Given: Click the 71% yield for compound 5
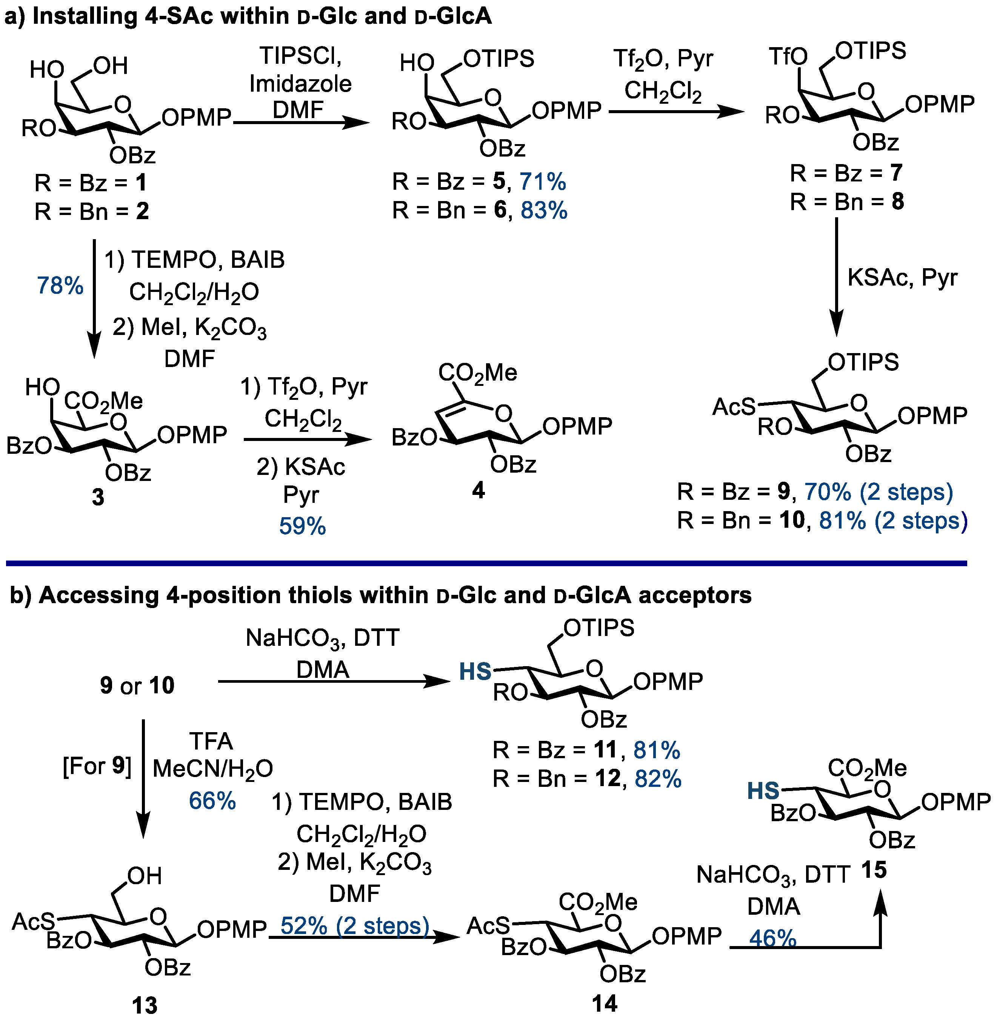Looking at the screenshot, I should click(543, 182).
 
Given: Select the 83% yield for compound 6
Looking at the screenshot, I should click(543, 210).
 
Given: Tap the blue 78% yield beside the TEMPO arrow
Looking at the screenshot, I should click(60, 286).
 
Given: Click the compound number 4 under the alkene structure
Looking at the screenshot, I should click(478, 490).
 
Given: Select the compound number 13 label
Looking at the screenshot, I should click(145, 1006).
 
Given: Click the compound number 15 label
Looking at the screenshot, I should click(874, 870).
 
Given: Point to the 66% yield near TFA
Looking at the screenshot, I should click(212, 801).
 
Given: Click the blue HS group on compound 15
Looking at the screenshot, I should click(763, 791).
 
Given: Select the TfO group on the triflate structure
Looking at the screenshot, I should click(788, 57).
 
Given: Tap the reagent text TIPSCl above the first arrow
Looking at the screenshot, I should click(300, 55).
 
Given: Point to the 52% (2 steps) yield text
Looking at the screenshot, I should click(354, 926).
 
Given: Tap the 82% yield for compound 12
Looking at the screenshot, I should click(658, 779).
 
